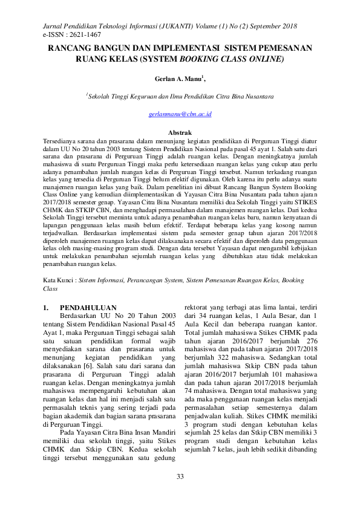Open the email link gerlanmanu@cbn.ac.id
[180, 114]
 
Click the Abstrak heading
[180, 132]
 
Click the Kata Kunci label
[59, 281]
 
